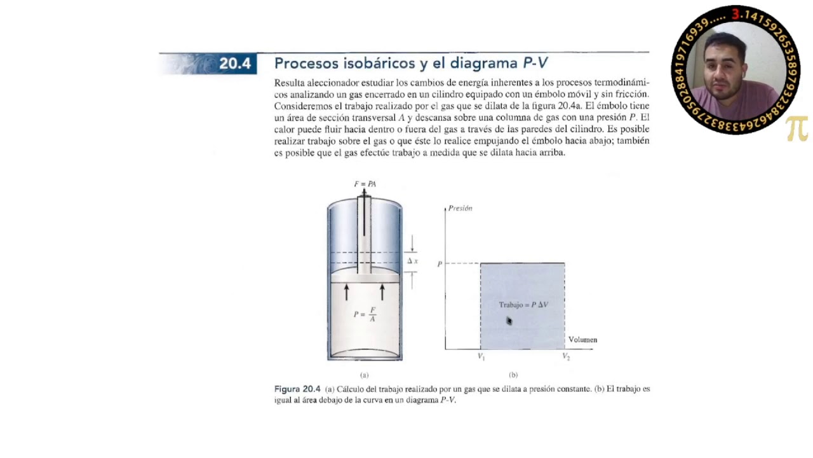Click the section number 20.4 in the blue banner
(x=235, y=64)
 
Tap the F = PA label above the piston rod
(x=365, y=184)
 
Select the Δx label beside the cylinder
(x=412, y=261)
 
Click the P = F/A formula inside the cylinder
(x=364, y=314)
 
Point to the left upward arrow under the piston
(x=347, y=292)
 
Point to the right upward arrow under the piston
(x=382, y=292)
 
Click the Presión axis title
(x=460, y=208)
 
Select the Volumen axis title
(x=582, y=340)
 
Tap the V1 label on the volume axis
(x=481, y=357)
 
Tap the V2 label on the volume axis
(x=565, y=357)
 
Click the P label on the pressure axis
(x=440, y=263)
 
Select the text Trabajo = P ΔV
(x=523, y=305)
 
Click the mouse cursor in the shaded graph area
(x=509, y=321)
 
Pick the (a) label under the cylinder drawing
(x=365, y=375)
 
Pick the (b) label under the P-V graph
(x=513, y=375)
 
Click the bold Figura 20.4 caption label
(x=297, y=389)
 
